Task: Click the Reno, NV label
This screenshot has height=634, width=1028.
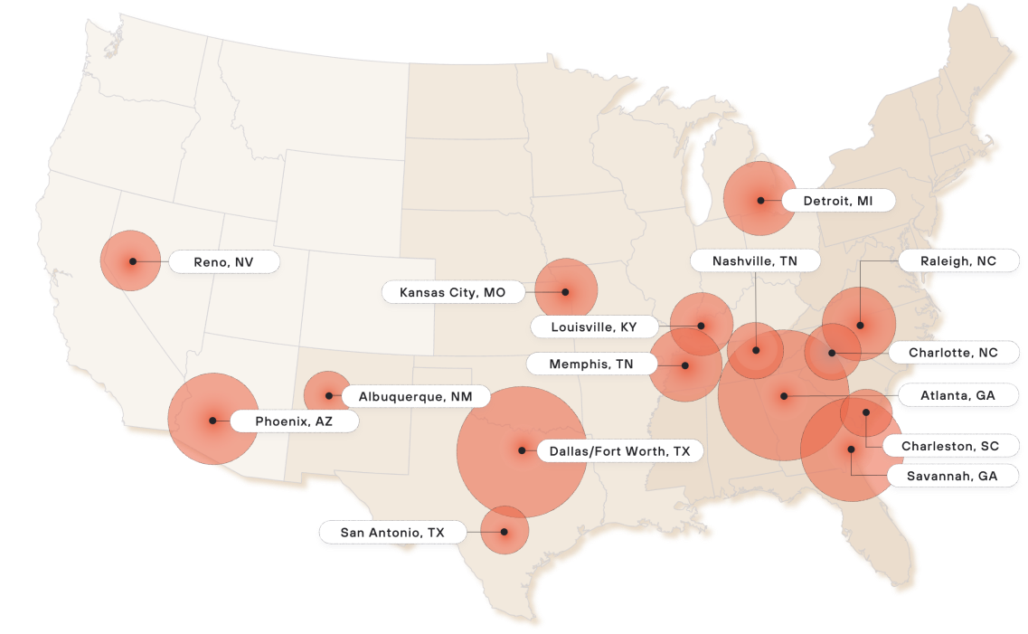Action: click(223, 262)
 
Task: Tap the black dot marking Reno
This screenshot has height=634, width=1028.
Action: click(132, 261)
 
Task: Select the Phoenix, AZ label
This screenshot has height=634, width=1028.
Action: click(294, 421)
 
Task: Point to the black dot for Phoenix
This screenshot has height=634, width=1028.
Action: click(212, 420)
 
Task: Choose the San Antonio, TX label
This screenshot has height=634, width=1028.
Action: click(392, 533)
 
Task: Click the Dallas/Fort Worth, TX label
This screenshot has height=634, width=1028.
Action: click(619, 450)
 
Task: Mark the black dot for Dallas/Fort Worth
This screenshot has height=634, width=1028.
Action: click(522, 449)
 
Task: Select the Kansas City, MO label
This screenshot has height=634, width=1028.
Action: click(452, 293)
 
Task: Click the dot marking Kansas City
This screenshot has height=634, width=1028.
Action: click(565, 292)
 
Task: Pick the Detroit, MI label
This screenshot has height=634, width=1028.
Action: click(837, 201)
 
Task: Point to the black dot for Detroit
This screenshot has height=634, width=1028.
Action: click(761, 200)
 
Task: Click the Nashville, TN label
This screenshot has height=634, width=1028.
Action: click(755, 260)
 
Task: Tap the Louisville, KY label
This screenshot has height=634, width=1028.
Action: click(594, 326)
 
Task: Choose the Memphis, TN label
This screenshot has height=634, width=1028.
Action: click(591, 364)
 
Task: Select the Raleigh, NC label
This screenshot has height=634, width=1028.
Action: click(957, 260)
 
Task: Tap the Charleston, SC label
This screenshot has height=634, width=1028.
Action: click(949, 446)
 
